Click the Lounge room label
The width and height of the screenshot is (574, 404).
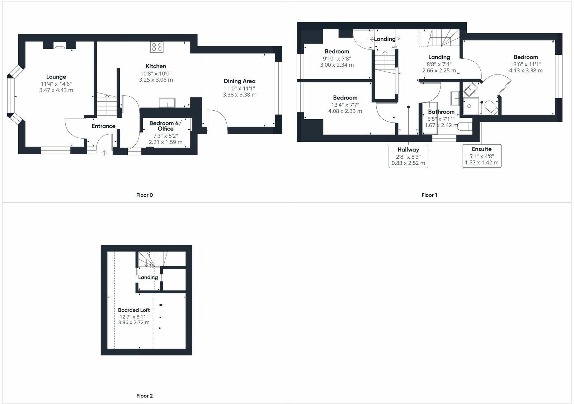point(56,77)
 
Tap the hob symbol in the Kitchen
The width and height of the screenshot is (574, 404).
point(157,47)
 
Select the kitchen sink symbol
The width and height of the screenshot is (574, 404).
point(167,103)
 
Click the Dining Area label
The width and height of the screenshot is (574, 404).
point(239,81)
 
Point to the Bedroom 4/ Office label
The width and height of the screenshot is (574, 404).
point(165,126)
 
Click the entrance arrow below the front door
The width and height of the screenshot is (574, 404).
point(104,153)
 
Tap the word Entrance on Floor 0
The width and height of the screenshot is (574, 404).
point(103,126)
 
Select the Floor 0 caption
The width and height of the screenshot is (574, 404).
point(145,195)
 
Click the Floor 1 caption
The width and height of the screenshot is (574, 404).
point(429,195)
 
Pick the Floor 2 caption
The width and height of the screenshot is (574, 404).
point(145,396)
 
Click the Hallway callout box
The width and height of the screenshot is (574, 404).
point(408,156)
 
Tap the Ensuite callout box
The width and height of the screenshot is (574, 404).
point(481,156)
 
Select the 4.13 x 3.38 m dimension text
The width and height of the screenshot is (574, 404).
point(526,71)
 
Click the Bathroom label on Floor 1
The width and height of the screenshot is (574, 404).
point(441,112)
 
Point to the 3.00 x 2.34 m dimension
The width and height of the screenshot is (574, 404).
point(337,65)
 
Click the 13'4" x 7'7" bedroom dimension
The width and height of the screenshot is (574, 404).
point(345,105)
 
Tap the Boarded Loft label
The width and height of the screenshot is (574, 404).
point(134,310)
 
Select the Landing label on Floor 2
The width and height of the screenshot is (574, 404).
point(148,277)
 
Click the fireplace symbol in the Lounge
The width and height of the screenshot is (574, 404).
point(60,45)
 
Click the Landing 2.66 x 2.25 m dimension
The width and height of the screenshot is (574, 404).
point(439,71)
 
